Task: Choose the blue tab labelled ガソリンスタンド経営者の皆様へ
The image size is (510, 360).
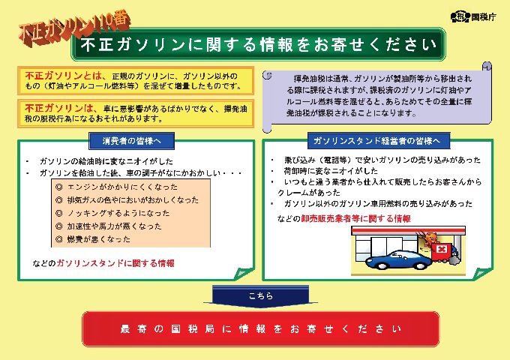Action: click(x=379, y=141)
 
